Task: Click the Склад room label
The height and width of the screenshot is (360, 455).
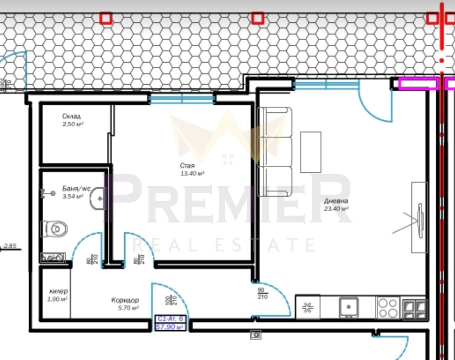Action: (x=71, y=116)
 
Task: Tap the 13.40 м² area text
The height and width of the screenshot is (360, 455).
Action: (x=192, y=174)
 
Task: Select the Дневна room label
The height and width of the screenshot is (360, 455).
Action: (x=336, y=201)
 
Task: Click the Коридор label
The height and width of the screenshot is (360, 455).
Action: (x=125, y=300)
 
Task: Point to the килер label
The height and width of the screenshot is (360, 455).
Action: (x=58, y=291)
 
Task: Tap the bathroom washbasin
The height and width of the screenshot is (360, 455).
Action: (x=98, y=198)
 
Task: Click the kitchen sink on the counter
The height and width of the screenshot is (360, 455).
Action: (x=348, y=307)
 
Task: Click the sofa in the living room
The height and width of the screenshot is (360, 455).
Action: (x=275, y=152)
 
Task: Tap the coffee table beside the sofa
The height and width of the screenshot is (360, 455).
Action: (x=311, y=152)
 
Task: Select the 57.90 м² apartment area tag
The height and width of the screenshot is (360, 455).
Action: (x=170, y=327)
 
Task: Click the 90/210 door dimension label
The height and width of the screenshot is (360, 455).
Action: (x=262, y=294)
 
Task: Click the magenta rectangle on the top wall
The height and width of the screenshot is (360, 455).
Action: (x=418, y=83)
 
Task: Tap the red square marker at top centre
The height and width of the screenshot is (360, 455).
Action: (x=258, y=18)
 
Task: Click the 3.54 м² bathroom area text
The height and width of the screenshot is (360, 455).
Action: (x=73, y=197)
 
